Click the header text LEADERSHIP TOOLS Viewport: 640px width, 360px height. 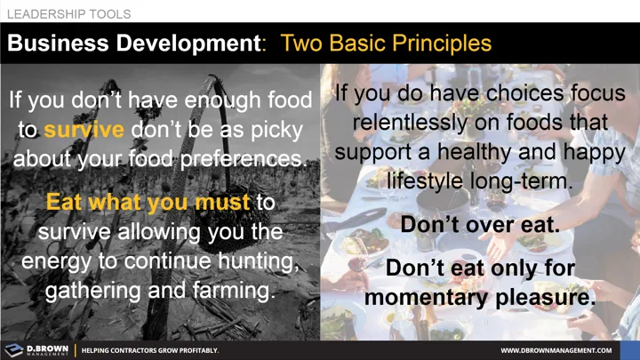click(x=68, y=14)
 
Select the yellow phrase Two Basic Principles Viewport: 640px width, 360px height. click(x=386, y=43)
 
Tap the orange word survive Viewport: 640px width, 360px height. click(x=84, y=129)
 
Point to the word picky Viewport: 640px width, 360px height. click(x=276, y=129)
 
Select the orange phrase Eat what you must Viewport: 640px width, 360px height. click(x=149, y=203)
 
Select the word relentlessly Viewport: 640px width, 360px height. click(x=420, y=122)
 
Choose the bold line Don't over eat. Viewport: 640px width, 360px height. click(x=480, y=225)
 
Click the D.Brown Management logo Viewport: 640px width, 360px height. click(x=36, y=349)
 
